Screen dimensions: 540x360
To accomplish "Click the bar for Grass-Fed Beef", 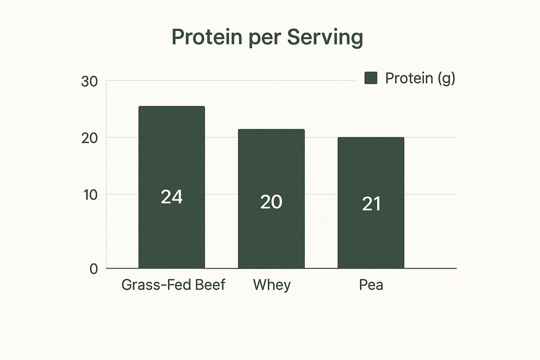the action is tap(172, 187).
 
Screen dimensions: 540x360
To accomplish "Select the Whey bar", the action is tap(271, 199).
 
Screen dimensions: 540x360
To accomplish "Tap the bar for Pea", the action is tap(371, 202).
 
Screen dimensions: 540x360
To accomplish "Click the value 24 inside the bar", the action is tap(172, 197).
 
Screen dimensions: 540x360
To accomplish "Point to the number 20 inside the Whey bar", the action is tap(271, 202).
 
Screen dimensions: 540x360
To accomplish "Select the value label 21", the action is tap(371, 204).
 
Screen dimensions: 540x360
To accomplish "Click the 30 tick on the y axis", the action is tap(89, 82).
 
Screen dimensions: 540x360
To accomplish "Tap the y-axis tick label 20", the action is tap(89, 139).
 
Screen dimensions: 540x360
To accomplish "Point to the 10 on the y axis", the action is tap(90, 195).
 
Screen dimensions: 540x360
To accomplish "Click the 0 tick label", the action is tap(94, 269).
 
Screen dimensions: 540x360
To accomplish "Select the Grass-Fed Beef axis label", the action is tap(173, 284).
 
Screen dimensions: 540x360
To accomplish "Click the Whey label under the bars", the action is tap(272, 285).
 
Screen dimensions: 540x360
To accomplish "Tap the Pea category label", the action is tap(371, 285).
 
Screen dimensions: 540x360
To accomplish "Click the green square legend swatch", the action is tap(371, 78).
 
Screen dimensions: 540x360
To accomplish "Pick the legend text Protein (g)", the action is tap(420, 78).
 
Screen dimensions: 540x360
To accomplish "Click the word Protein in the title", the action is tap(207, 37).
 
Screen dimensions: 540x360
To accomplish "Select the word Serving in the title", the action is tap(325, 38).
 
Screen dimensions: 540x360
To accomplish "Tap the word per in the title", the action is tap(264, 40).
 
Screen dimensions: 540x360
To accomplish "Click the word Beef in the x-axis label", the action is tap(210, 284).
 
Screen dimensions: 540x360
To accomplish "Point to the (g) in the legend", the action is tap(446, 79).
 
